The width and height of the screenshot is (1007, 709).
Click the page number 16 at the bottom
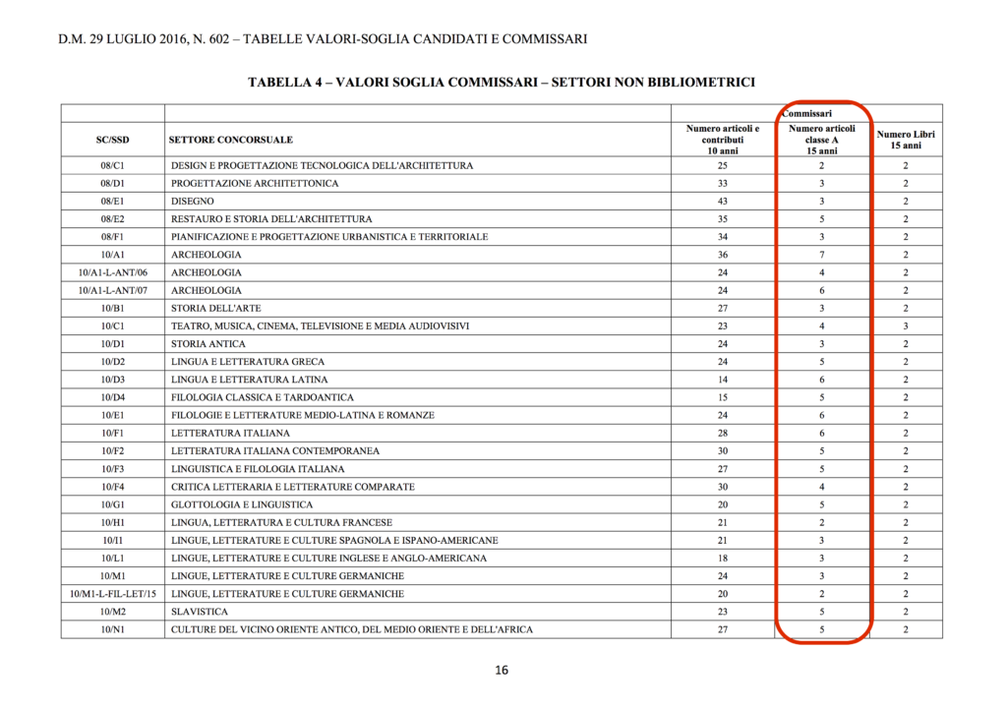(x=502, y=671)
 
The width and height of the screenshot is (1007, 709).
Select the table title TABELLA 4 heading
(x=502, y=82)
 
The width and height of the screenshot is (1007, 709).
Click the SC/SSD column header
(x=112, y=140)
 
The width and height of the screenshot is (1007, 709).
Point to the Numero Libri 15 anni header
(x=906, y=140)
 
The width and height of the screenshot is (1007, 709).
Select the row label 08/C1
(x=112, y=165)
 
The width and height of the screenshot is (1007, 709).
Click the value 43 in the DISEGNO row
(x=723, y=201)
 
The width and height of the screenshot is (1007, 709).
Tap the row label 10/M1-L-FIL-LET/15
(x=112, y=594)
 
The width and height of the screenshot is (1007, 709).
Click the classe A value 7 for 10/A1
(x=821, y=255)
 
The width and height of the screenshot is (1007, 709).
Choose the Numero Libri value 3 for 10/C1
(x=906, y=325)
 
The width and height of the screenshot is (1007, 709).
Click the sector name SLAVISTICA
(x=200, y=612)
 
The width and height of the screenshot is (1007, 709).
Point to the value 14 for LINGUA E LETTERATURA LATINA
(x=723, y=380)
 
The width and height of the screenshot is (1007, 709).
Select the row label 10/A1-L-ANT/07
(x=112, y=290)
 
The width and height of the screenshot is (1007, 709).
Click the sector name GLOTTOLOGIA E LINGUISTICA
(x=242, y=504)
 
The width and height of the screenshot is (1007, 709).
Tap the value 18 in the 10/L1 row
(x=723, y=559)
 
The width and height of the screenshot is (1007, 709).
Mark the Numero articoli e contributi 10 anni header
(x=723, y=140)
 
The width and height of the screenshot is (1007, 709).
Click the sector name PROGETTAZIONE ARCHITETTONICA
(x=255, y=183)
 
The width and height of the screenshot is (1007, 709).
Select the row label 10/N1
(x=112, y=629)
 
